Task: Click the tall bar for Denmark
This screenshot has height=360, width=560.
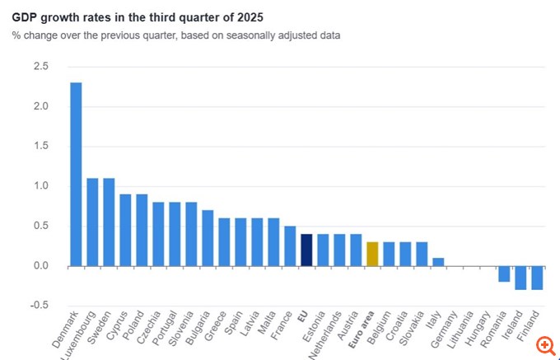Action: pos(76,174)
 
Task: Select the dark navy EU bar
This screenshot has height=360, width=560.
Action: pos(306,250)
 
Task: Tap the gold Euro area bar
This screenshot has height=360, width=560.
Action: pos(372,254)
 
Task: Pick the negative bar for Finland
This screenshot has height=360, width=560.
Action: pos(537,278)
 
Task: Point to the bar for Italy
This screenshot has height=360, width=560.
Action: pos(438,262)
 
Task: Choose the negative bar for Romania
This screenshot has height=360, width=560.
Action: pos(504,274)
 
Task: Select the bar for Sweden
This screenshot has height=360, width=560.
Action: pos(109,222)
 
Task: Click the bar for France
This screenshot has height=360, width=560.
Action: pos(290,245)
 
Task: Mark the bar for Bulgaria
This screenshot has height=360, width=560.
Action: pos(208,237)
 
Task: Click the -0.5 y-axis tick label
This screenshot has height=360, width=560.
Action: pos(38,306)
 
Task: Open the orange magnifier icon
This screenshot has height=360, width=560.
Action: pos(544,345)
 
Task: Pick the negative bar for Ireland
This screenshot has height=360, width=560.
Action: pos(520,278)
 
